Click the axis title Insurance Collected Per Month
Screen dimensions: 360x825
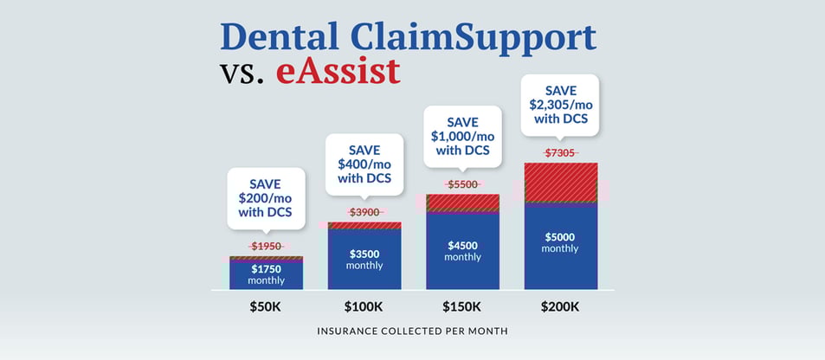click(413, 331)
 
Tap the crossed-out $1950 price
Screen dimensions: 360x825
click(267, 247)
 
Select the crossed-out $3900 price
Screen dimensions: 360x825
click(364, 212)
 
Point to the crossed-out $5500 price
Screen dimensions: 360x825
click(463, 184)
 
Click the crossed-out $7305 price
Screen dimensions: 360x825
click(561, 153)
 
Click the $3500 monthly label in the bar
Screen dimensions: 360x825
click(364, 260)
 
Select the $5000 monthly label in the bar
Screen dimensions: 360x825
click(561, 242)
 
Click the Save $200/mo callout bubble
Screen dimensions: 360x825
click(267, 197)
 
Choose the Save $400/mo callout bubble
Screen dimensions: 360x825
click(364, 164)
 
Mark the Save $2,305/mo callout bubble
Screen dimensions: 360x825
click(561, 103)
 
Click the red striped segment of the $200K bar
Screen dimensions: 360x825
click(561, 183)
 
